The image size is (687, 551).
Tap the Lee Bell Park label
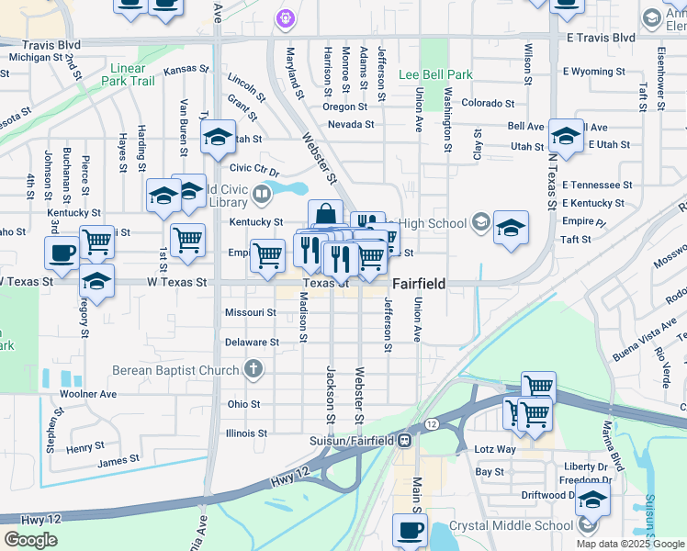pos(435,74)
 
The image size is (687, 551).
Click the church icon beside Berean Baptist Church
pos(253,370)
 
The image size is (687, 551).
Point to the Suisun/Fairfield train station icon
pos(404,440)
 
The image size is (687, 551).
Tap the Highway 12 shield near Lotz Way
pos(430,424)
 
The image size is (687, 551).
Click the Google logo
pos(30,540)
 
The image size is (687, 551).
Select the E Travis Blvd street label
pos(601,38)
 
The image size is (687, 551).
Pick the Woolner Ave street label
pos(88,394)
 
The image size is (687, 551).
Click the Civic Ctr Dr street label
pos(253,168)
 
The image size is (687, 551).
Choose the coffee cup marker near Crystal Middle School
pos(410,529)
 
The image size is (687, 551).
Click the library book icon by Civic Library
pos(262,194)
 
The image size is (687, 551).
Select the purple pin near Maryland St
pos(285,17)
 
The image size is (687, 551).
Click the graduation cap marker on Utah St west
pos(219,139)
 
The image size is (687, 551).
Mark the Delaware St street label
pos(252,343)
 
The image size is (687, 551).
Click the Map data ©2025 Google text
pos(630,544)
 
